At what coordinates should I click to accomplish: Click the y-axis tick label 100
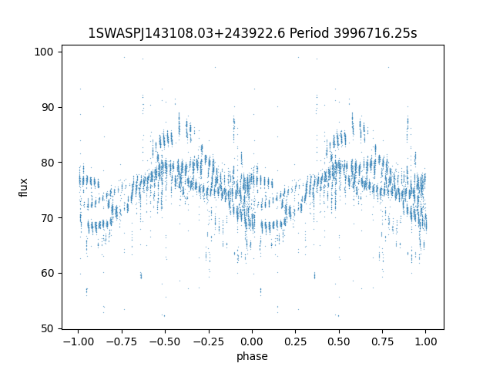pyautogui.click(x=44, y=52)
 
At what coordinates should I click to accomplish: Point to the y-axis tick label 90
pyautogui.click(x=47, y=107)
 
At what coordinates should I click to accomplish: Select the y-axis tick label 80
pyautogui.click(x=47, y=163)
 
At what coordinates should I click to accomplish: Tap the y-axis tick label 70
pyautogui.click(x=47, y=218)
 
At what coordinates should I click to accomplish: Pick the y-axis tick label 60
pyautogui.click(x=47, y=273)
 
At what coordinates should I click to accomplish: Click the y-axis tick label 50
pyautogui.click(x=47, y=328)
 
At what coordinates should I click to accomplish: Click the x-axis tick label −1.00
pyautogui.click(x=79, y=341)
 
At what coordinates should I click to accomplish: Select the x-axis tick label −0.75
pyautogui.click(x=122, y=341)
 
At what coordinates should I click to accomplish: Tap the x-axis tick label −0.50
pyautogui.click(x=165, y=341)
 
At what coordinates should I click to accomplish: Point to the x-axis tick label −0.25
pyautogui.click(x=209, y=341)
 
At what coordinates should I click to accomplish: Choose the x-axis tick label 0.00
pyautogui.click(x=252, y=341)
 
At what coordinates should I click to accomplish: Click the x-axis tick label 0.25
pyautogui.click(x=296, y=341)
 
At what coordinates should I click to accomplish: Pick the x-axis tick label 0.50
pyautogui.click(x=339, y=341)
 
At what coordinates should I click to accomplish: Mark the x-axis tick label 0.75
pyautogui.click(x=382, y=341)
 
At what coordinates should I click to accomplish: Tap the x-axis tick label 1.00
pyautogui.click(x=426, y=341)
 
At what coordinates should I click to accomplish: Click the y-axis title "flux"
pyautogui.click(x=24, y=187)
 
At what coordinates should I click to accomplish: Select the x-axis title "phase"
pyautogui.click(x=252, y=356)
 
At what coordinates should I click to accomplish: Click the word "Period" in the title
pyautogui.click(x=310, y=33)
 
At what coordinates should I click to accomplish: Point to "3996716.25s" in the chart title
pyautogui.click(x=375, y=33)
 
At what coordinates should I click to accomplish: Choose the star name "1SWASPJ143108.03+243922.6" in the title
pyautogui.click(x=186, y=33)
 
